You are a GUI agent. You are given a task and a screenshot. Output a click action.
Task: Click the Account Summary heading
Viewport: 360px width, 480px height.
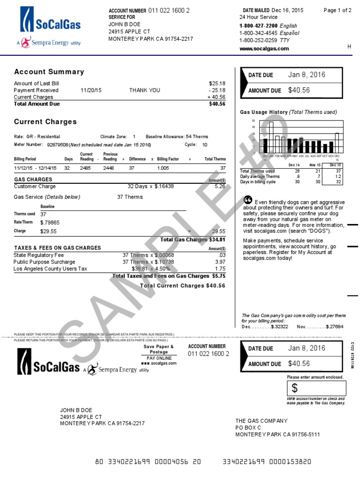pos(49,72)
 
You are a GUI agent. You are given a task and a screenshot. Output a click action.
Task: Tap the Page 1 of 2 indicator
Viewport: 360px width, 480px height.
pos(337,10)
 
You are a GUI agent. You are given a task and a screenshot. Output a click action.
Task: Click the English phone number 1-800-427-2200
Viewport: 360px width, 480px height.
pos(258,26)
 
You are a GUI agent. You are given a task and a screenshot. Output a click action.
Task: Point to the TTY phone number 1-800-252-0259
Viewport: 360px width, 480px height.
pos(258,40)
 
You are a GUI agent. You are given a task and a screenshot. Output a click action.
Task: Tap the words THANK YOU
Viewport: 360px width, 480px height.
pos(145,90)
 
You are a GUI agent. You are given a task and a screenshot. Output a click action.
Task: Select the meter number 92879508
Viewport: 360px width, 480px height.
pos(58,145)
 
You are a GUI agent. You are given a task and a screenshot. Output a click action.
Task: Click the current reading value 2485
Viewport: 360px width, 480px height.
pos(86,168)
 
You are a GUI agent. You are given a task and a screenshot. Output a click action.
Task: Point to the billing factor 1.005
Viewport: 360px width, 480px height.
pos(163,168)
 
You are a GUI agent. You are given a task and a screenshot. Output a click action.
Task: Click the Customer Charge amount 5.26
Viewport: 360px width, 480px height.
pos(220,186)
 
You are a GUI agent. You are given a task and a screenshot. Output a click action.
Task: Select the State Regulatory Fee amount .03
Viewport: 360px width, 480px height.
pos(222,255)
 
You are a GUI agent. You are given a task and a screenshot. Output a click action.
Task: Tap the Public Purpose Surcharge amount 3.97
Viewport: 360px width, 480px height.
pos(220,262)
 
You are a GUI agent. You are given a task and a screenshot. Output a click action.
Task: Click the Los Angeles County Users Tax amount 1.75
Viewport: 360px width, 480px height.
pos(220,269)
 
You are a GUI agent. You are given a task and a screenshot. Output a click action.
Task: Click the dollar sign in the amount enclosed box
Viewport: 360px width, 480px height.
pos(295,388)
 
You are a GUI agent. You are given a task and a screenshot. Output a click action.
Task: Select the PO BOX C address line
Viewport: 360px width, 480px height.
pos(248,428)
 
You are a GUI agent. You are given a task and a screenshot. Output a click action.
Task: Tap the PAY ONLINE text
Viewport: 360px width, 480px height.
pos(158,358)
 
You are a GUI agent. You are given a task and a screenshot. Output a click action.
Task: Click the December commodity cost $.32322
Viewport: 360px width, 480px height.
pos(279,327)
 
